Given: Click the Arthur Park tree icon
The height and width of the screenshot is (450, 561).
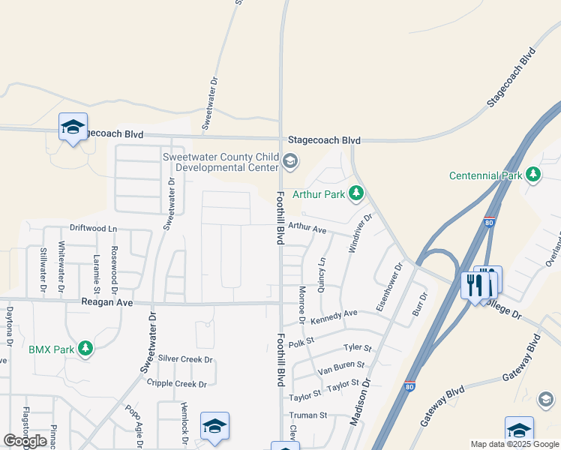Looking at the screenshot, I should (x=357, y=194).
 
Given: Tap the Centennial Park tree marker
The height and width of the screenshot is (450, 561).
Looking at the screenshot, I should (x=533, y=175).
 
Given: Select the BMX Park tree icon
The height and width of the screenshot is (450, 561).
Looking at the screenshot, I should (x=86, y=349).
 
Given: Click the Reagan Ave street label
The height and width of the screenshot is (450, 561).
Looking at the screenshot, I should (x=106, y=302).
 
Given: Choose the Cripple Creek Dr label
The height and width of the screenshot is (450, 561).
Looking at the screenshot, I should (x=177, y=384).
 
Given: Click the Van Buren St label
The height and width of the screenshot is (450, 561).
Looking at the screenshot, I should (x=341, y=367).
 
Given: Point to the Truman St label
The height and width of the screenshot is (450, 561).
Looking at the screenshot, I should (x=308, y=415).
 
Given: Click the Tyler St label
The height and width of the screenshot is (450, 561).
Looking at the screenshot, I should (x=357, y=348).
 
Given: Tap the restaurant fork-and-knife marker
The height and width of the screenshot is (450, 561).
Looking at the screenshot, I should (x=474, y=285).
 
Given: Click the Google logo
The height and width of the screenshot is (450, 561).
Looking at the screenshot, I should (x=25, y=441).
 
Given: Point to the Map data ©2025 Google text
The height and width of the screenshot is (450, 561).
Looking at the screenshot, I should (x=514, y=444).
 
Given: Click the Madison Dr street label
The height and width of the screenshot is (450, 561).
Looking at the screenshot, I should (x=361, y=403).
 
